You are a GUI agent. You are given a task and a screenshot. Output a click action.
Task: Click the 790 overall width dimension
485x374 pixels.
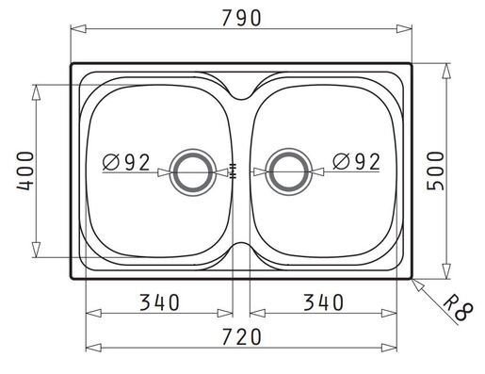241,18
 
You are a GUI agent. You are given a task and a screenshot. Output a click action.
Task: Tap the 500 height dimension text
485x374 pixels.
436,171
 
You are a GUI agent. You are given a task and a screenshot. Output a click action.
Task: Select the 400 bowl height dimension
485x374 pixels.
24,171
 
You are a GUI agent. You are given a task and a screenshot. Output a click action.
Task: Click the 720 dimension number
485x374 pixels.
241,336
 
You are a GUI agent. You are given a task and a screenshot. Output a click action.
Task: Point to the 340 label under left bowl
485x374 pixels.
159,302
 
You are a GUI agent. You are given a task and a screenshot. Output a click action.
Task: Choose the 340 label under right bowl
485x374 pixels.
323,302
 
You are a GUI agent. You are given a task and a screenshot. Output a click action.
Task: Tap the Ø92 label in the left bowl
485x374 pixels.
126,162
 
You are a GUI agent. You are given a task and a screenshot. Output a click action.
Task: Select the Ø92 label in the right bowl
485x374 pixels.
356,162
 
